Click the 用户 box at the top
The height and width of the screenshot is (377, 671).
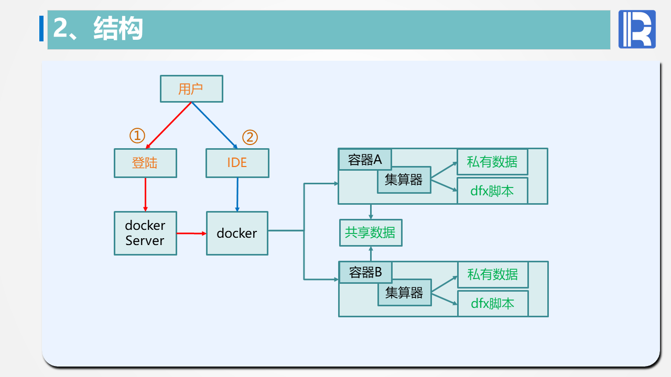pos(191,88)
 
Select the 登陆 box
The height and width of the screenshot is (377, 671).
pos(145,163)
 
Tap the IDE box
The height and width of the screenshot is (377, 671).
pos(237,163)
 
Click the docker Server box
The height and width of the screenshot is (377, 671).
pos(145,233)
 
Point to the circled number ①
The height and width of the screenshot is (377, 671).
pos(137,136)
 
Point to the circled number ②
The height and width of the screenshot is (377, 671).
pos(250,137)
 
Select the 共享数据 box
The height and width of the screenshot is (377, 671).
pos(370,232)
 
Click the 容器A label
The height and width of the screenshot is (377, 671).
pos(365,160)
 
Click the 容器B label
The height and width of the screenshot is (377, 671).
pos(365,272)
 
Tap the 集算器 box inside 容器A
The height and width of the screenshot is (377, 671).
pos(404,180)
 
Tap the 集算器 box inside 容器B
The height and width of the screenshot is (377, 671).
pos(404,293)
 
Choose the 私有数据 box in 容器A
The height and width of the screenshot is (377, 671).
pos(492,162)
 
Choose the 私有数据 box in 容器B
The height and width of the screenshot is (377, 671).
pos(492,274)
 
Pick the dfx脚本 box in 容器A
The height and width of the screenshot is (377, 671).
pos(492,191)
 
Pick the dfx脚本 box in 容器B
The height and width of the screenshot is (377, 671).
pos(492,303)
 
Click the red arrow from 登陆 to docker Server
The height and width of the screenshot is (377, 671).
pos(145,194)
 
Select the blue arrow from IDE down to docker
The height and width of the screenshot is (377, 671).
pos(237,194)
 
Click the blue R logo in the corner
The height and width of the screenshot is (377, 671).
pos(637,29)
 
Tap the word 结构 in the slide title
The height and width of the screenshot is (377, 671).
pos(118,28)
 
